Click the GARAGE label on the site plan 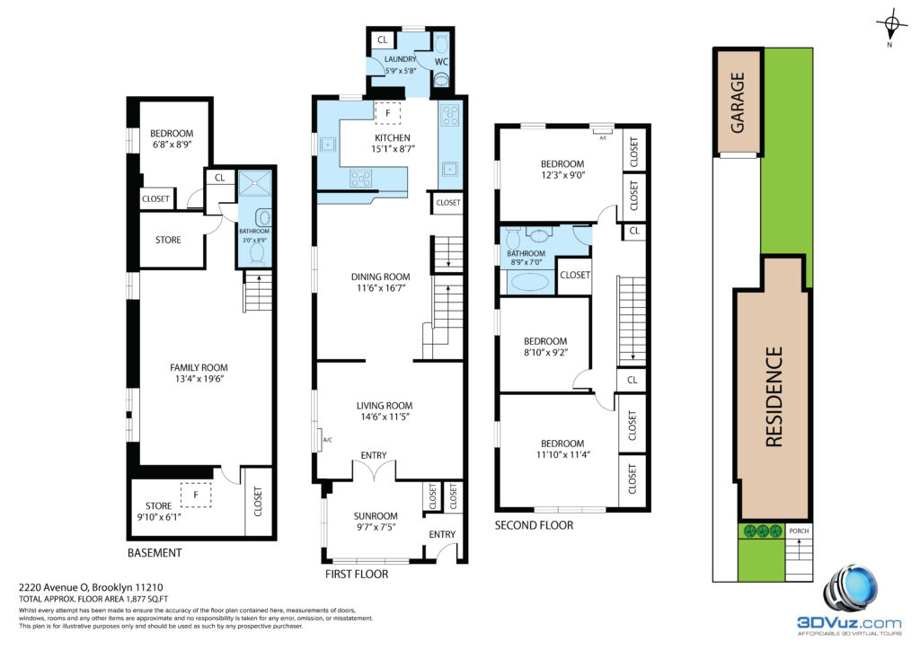(x=738, y=102)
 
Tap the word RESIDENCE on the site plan (x=774, y=397)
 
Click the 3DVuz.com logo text (x=849, y=623)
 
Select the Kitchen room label (x=393, y=137)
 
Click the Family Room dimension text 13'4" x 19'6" (x=199, y=379)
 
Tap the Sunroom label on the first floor (x=376, y=515)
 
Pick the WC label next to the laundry (x=441, y=62)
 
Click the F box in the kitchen (x=387, y=113)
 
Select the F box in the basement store (x=195, y=495)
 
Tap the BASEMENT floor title (x=155, y=553)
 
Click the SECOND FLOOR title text (x=534, y=525)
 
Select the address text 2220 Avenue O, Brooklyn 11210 (x=91, y=586)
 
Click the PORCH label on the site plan (x=799, y=531)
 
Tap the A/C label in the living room (x=327, y=440)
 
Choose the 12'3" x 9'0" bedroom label (x=562, y=175)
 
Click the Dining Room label (x=381, y=277)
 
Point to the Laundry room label (x=400, y=59)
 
